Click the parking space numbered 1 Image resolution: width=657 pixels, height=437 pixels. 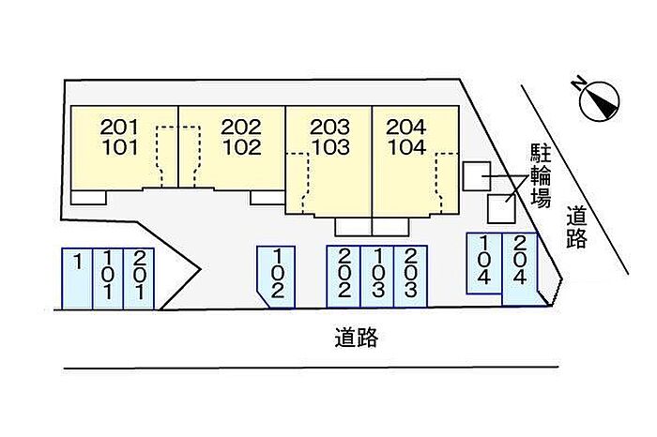pyautogui.click(x=77, y=277)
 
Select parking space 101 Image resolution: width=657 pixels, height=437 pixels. pyautogui.click(x=109, y=277)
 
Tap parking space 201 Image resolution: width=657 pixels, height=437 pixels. pyautogui.click(x=139, y=277)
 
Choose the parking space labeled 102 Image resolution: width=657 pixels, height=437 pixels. pyautogui.click(x=277, y=276)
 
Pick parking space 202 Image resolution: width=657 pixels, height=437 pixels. pyautogui.click(x=344, y=276)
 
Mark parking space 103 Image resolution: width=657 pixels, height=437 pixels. pyautogui.click(x=377, y=276)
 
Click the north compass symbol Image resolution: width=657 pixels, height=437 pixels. pyautogui.click(x=599, y=100)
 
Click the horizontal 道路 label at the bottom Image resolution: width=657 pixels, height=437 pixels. pyautogui.click(x=356, y=339)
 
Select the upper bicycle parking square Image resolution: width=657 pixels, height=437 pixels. pyautogui.click(x=476, y=175)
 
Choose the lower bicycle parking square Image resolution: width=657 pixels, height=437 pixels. pyautogui.click(x=501, y=208)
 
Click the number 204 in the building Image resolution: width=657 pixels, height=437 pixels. pyautogui.click(x=405, y=127)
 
